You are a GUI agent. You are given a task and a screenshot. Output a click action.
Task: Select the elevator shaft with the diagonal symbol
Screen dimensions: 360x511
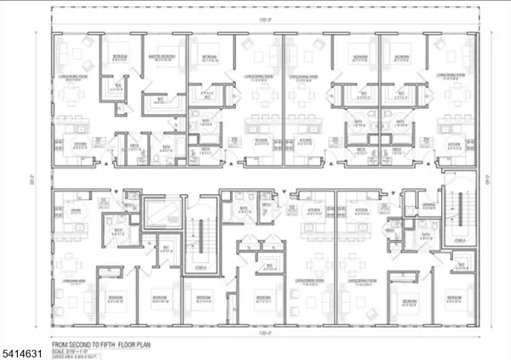159,210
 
